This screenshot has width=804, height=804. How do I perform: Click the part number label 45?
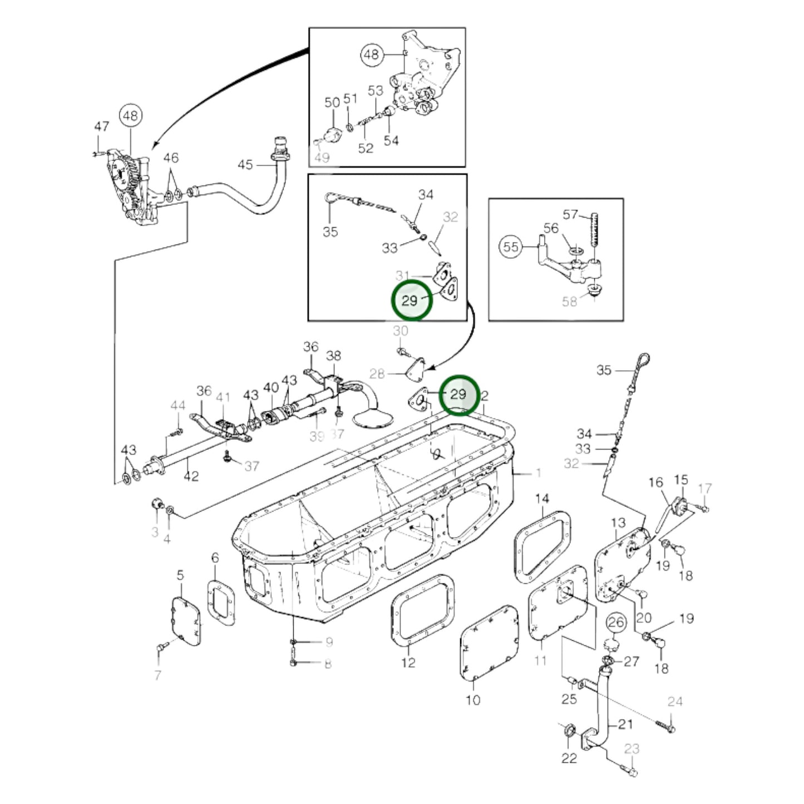[245, 165]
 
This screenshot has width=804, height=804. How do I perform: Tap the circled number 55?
[511, 246]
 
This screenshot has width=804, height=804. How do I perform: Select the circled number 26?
[616, 622]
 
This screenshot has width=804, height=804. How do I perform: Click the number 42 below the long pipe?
[191, 476]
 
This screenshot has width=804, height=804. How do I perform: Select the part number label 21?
[625, 724]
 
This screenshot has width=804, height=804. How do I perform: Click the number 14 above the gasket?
[542, 498]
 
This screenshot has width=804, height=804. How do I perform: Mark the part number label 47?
[101, 126]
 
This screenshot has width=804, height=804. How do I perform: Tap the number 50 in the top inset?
[332, 102]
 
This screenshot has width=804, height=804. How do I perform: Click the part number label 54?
[391, 141]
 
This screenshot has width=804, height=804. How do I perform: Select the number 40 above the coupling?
[271, 387]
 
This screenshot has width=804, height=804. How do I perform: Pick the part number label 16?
[655, 482]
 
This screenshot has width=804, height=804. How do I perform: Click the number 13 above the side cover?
[618, 523]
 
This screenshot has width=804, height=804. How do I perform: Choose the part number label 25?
[569, 699]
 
